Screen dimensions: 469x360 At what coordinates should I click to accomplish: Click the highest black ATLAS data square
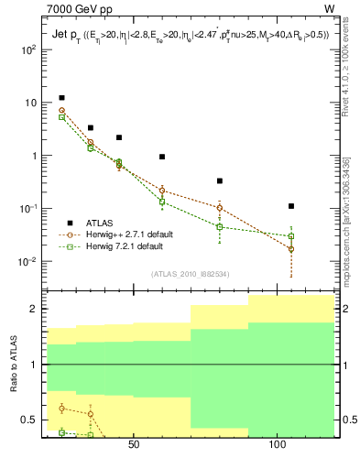click(61, 97)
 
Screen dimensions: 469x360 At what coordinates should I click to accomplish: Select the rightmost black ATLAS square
click(291, 206)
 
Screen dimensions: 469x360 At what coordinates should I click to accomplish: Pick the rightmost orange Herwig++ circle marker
click(291, 249)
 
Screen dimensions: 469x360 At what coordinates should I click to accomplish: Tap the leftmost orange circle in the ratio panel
click(61, 409)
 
